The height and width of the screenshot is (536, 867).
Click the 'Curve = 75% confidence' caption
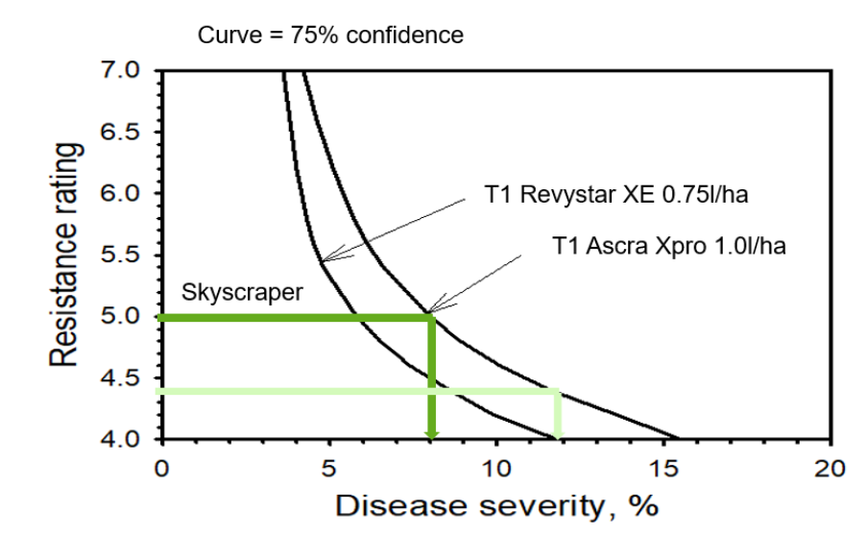point(330,36)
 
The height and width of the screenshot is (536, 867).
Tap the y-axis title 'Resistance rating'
point(65,256)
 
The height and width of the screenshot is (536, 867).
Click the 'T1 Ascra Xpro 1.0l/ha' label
point(669,246)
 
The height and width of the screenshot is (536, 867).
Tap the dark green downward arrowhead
point(431,427)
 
